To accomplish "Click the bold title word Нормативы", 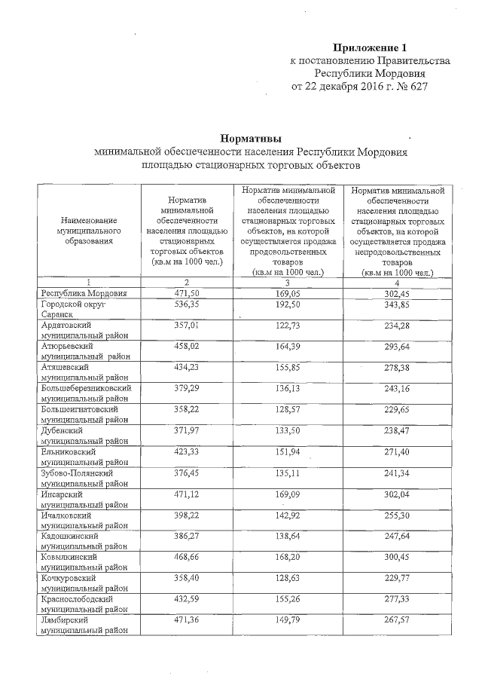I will click(x=251, y=138).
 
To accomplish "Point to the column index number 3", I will click(x=288, y=280).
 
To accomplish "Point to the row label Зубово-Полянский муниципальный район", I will click(x=84, y=477).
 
